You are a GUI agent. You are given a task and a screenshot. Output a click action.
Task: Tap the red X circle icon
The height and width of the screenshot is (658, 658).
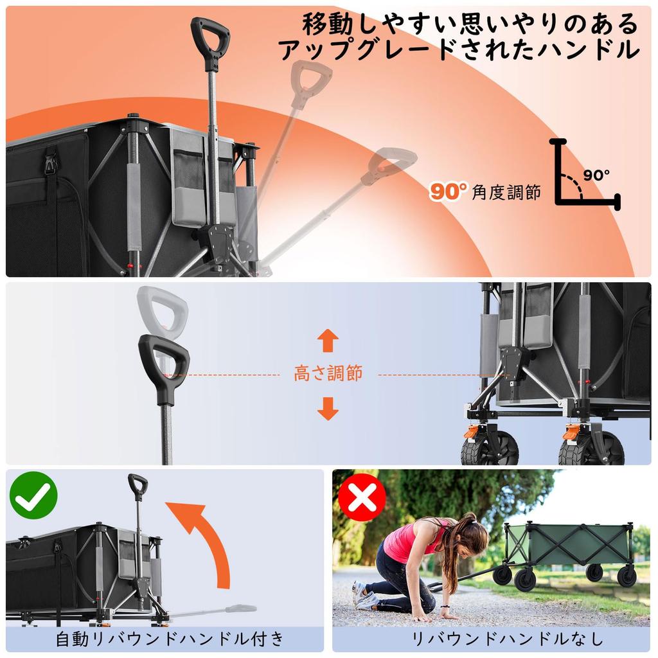coord(362,497)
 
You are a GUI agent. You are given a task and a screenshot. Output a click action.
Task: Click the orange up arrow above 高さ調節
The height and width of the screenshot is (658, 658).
coord(328,340)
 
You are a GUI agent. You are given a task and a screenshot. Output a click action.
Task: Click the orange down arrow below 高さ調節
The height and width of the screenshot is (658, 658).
coord(328,408)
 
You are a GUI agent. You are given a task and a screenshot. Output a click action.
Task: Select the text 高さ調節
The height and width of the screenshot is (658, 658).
coord(328,373)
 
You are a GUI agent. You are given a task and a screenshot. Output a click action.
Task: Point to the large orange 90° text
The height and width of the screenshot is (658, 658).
coord(449,191)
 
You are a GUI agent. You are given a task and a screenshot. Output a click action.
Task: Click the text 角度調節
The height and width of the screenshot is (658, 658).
coord(506,191)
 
